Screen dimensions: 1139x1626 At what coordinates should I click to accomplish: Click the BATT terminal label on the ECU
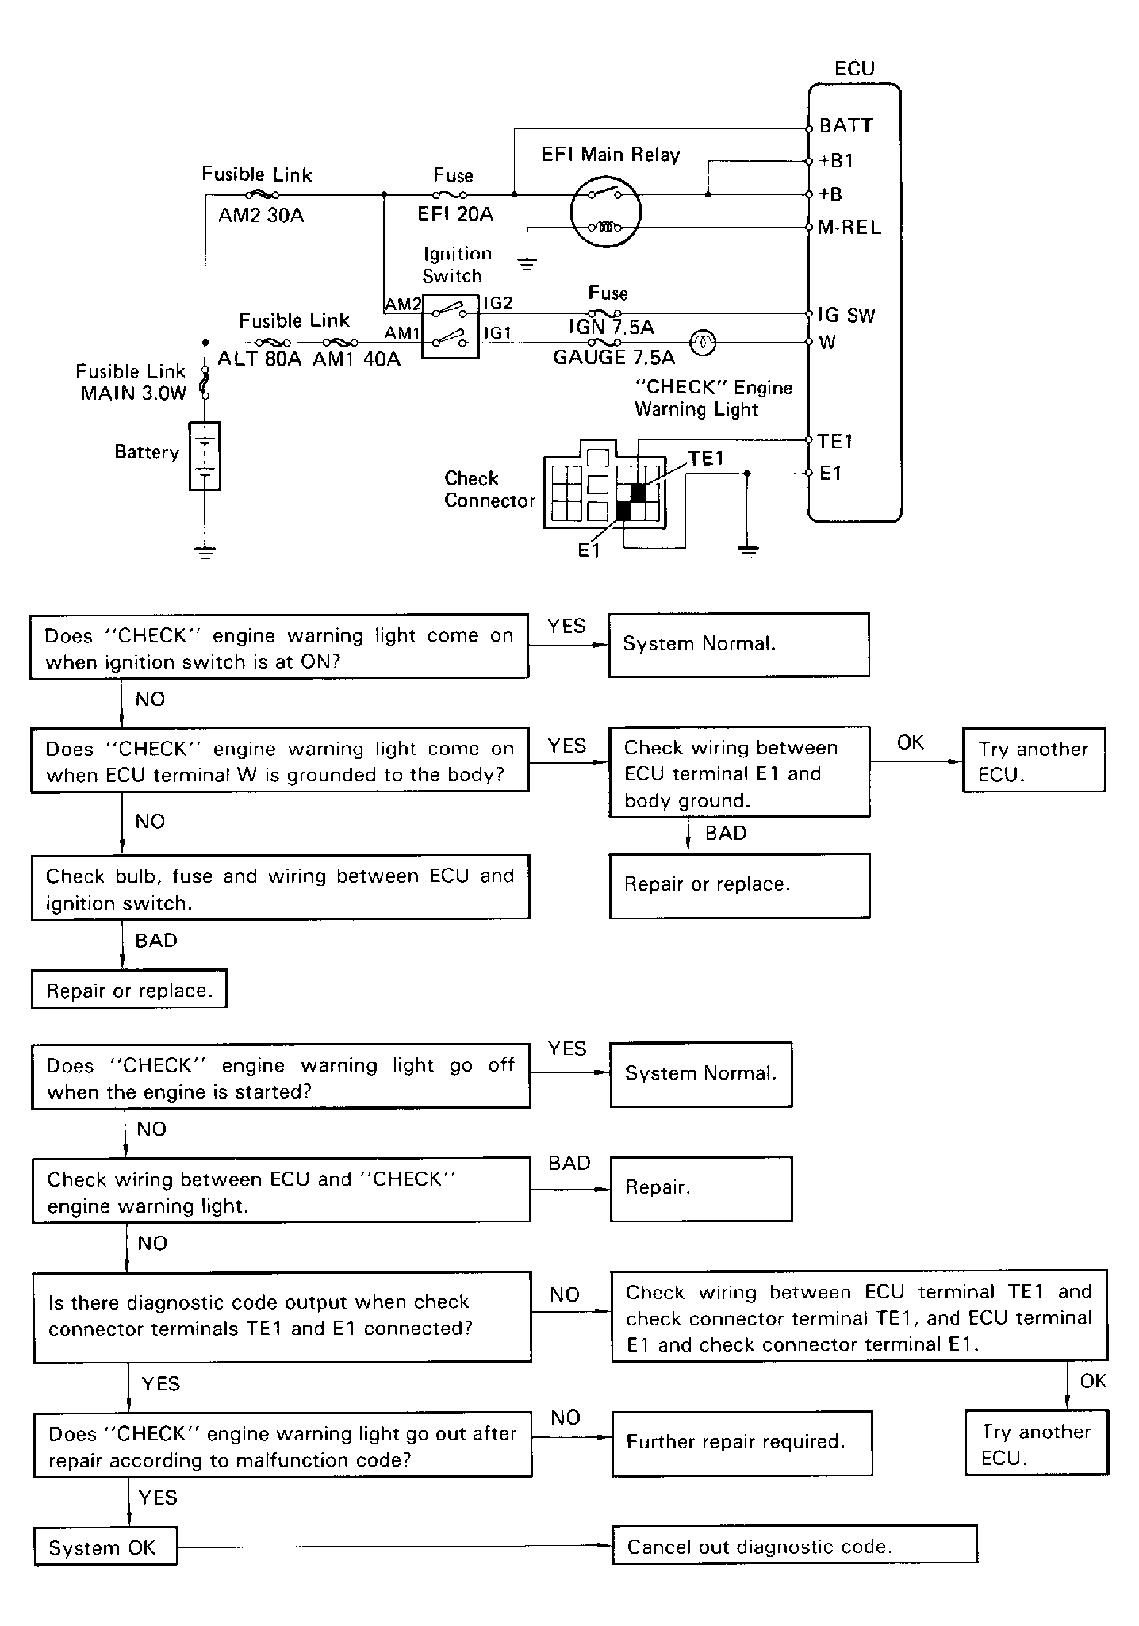846,125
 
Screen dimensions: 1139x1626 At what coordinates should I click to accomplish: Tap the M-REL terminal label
849,228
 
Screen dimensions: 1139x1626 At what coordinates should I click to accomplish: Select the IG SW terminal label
846,315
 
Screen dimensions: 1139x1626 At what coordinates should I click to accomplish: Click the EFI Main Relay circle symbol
606,211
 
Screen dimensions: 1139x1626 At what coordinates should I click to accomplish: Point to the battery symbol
205,456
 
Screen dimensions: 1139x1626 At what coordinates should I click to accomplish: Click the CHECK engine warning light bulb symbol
704,343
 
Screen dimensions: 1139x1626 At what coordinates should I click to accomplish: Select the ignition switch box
450,326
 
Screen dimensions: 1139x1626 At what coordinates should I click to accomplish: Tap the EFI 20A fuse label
455,214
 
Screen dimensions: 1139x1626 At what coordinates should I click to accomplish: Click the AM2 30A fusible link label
261,215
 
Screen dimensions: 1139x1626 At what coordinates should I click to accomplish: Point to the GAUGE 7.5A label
614,358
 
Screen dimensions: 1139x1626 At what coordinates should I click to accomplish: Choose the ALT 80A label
259,359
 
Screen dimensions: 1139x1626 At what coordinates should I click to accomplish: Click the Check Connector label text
489,489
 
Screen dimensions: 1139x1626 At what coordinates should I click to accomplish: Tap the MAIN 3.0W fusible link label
132,393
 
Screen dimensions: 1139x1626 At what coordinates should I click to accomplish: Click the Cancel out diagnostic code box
795,1544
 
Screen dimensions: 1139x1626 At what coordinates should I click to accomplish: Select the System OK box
105,1546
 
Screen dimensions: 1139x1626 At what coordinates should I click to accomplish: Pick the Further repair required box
742,1443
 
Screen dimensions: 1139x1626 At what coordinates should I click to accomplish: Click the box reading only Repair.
701,1188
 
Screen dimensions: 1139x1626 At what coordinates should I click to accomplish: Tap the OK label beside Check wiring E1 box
911,742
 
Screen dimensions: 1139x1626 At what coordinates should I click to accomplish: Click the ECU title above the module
854,68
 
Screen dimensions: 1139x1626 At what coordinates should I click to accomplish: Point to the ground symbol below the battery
205,552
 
